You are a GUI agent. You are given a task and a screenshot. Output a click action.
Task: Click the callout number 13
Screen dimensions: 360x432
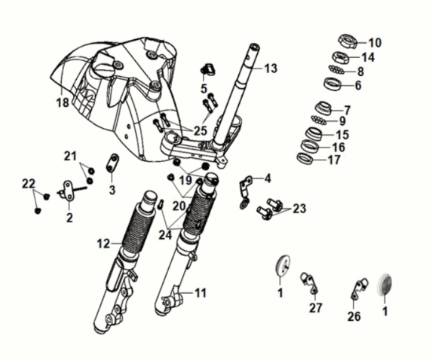[271, 69]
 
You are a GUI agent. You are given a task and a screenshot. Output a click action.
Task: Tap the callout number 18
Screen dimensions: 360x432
[63, 100]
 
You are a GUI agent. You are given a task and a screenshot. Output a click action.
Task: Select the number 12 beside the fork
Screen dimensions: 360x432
[104, 243]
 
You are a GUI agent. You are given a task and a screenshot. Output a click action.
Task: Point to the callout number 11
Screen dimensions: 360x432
[201, 292]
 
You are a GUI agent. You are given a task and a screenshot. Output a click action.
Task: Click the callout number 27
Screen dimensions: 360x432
[315, 307]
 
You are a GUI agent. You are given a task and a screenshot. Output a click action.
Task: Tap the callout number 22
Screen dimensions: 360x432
[29, 184]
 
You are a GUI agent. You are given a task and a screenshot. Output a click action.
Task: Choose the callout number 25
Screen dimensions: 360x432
[200, 130]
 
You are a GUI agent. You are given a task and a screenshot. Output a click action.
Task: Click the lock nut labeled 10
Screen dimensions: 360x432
[348, 41]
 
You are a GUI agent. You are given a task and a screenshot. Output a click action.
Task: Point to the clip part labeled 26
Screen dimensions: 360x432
[360, 287]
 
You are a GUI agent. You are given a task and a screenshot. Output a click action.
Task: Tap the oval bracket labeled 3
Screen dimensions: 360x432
[113, 163]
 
